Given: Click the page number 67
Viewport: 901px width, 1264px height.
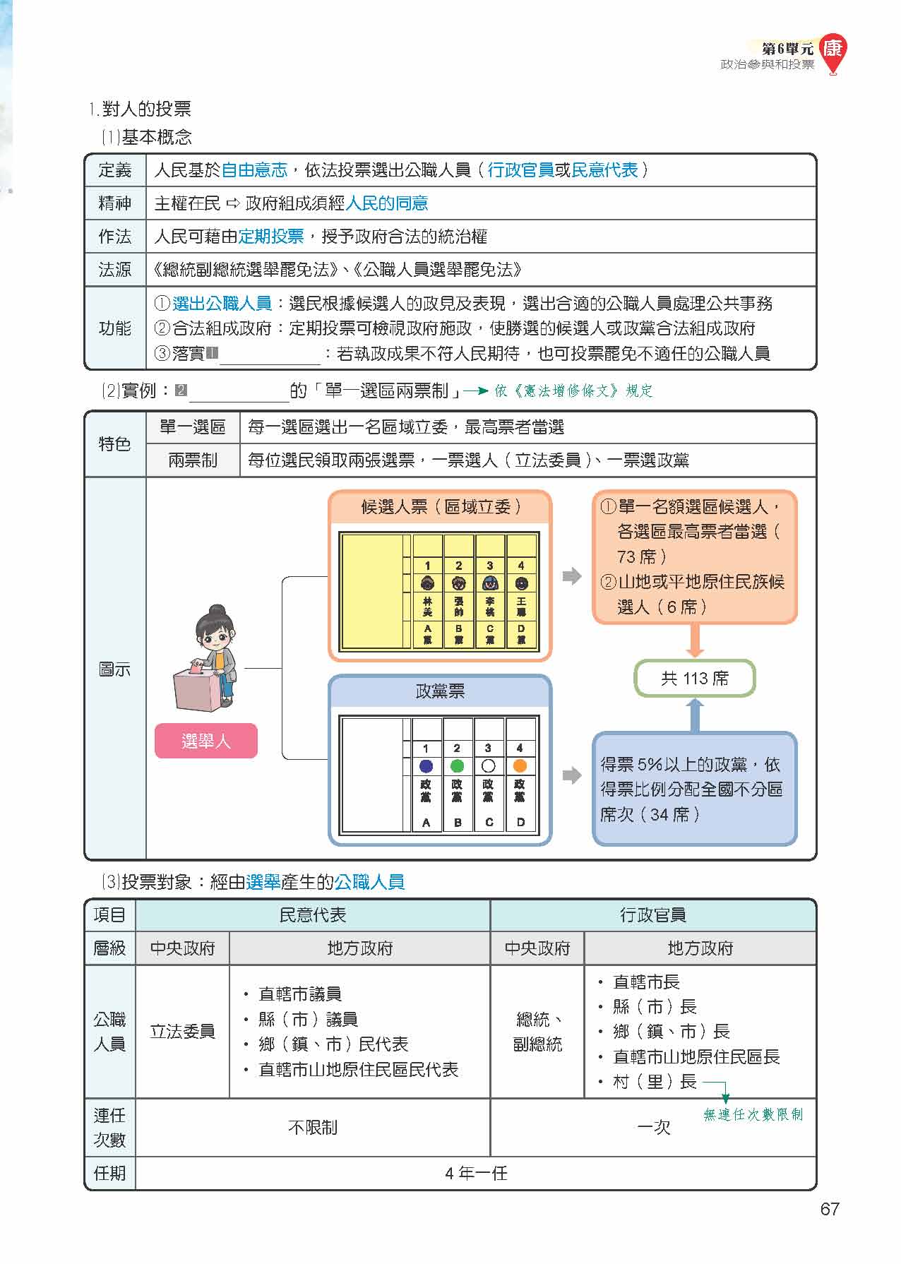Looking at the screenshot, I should [829, 1209].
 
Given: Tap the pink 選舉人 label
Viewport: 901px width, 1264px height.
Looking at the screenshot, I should [205, 741].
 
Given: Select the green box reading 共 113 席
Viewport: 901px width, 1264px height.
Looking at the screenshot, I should [694, 679].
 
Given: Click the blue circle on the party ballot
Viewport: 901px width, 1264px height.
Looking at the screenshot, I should [426, 766].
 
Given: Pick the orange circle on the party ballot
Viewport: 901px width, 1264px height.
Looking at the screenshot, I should [520, 766].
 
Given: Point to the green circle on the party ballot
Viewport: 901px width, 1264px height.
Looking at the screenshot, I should [457, 766].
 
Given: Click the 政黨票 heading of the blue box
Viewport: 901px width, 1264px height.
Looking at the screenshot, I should [440, 691].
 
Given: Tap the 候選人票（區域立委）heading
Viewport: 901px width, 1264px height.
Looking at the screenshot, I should [440, 506].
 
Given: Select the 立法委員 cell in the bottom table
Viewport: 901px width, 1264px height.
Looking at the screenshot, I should [182, 1031].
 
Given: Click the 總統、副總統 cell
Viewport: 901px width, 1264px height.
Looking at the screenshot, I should [537, 1031].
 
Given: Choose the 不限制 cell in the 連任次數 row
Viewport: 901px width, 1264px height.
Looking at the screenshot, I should [313, 1128].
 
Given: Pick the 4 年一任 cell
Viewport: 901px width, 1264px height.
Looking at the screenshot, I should [476, 1174].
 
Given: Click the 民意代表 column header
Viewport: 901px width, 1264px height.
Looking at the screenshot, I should [313, 915].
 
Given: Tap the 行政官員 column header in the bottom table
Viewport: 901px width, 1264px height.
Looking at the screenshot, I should [652, 915].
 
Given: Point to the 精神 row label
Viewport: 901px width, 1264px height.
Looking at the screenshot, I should [115, 203].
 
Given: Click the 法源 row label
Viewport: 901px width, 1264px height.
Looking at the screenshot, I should [115, 270].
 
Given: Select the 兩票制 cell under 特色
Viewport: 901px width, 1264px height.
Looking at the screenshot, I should [193, 460].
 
